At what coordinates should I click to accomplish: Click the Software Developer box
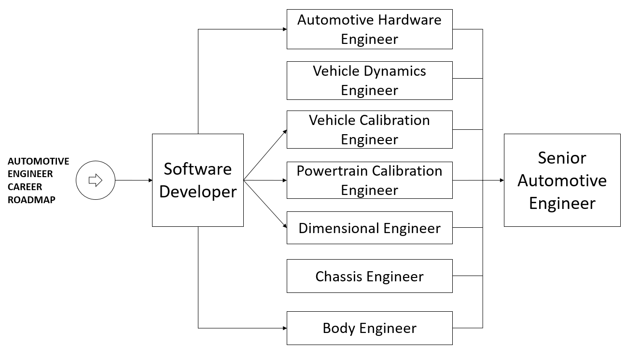(x=198, y=180)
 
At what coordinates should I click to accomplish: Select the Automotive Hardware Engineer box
(x=369, y=29)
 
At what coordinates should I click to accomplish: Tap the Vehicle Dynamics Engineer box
(x=369, y=80)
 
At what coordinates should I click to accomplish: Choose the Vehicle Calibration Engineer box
(x=369, y=129)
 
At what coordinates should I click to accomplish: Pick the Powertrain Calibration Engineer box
(x=369, y=180)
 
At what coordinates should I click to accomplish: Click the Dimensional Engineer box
(x=369, y=227)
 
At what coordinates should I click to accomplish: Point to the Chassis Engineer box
(x=369, y=276)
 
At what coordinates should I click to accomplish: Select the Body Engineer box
(x=369, y=328)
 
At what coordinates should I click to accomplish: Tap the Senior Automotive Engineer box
(x=562, y=180)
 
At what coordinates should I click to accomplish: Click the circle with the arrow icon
(x=96, y=180)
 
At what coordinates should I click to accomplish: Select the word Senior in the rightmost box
(x=562, y=158)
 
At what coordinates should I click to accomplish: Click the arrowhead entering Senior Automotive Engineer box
(x=502, y=180)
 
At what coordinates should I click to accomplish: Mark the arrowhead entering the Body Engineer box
(x=284, y=328)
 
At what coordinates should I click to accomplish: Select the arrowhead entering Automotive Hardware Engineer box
(x=284, y=29)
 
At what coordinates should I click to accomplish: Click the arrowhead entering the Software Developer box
(x=150, y=180)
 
